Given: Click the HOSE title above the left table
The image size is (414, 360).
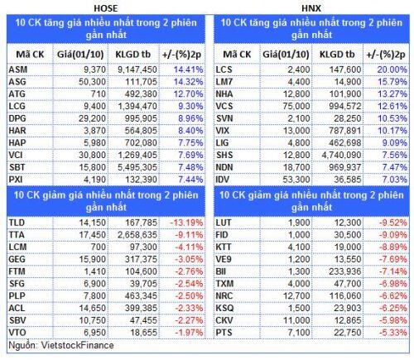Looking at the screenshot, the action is coord(106,8).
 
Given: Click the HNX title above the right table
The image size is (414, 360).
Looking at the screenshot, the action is coord(311,8).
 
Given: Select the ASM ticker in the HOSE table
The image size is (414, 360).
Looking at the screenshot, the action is coord(18,70).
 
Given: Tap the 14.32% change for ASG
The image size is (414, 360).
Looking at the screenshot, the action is coord(188,82).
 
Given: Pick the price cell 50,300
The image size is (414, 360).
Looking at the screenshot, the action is coord(92,82).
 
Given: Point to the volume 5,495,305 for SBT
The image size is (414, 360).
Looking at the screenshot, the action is coord(137,167).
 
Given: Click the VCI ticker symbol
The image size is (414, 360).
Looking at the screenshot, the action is coord(16,155).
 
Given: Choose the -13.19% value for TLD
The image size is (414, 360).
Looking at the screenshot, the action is coord(186,223).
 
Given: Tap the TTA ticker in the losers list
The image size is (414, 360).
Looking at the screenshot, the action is coord(17,235).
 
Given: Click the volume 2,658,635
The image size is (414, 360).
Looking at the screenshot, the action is coord(137,235).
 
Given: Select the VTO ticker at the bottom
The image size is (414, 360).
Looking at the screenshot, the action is coord(17,333).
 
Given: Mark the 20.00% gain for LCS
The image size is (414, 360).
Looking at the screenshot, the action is coord(392,70).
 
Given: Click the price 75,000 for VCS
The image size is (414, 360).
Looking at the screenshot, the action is coord(296,106).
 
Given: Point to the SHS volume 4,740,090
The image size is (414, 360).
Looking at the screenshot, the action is coord(341,155).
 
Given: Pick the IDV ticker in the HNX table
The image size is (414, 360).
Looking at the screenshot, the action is coord(223,180).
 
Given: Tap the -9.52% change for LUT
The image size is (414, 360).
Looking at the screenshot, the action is coord(393,223).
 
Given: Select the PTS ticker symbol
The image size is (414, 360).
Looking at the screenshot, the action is coord(224,333).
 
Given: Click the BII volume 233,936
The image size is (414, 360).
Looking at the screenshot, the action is coord(345,271).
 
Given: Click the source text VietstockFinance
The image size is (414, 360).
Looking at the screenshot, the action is coord(77,345).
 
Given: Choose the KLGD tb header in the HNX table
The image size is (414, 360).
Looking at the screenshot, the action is coord(337,55).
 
